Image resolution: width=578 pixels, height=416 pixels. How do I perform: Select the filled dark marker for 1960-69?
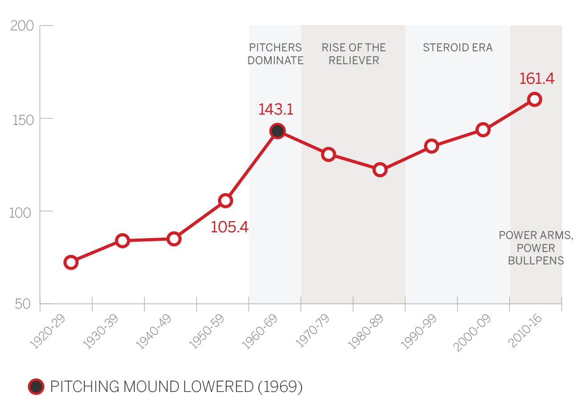point(277,131)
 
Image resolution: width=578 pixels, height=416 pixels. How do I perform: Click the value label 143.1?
point(276,109)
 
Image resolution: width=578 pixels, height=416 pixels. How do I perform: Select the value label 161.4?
point(537,78)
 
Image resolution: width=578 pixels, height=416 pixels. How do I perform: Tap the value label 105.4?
point(229,227)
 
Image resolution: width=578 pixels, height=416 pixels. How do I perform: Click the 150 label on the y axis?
point(23,120)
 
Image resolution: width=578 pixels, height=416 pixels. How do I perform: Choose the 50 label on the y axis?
point(23,304)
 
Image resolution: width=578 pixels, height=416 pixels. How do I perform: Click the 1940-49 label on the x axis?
point(153,331)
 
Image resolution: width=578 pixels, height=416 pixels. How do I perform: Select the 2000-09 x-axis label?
point(472,333)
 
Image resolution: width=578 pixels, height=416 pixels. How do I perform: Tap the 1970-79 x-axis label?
point(312,331)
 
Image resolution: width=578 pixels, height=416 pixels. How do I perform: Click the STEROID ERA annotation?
point(458,48)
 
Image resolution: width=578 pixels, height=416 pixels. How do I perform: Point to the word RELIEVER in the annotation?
point(354,61)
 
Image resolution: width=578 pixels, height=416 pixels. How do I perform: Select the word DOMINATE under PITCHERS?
point(275,61)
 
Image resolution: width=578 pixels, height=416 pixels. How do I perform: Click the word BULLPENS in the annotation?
point(536,261)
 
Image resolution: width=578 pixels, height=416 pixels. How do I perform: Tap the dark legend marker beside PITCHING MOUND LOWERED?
point(36,387)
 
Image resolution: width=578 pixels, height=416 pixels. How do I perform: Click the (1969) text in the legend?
point(280,387)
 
